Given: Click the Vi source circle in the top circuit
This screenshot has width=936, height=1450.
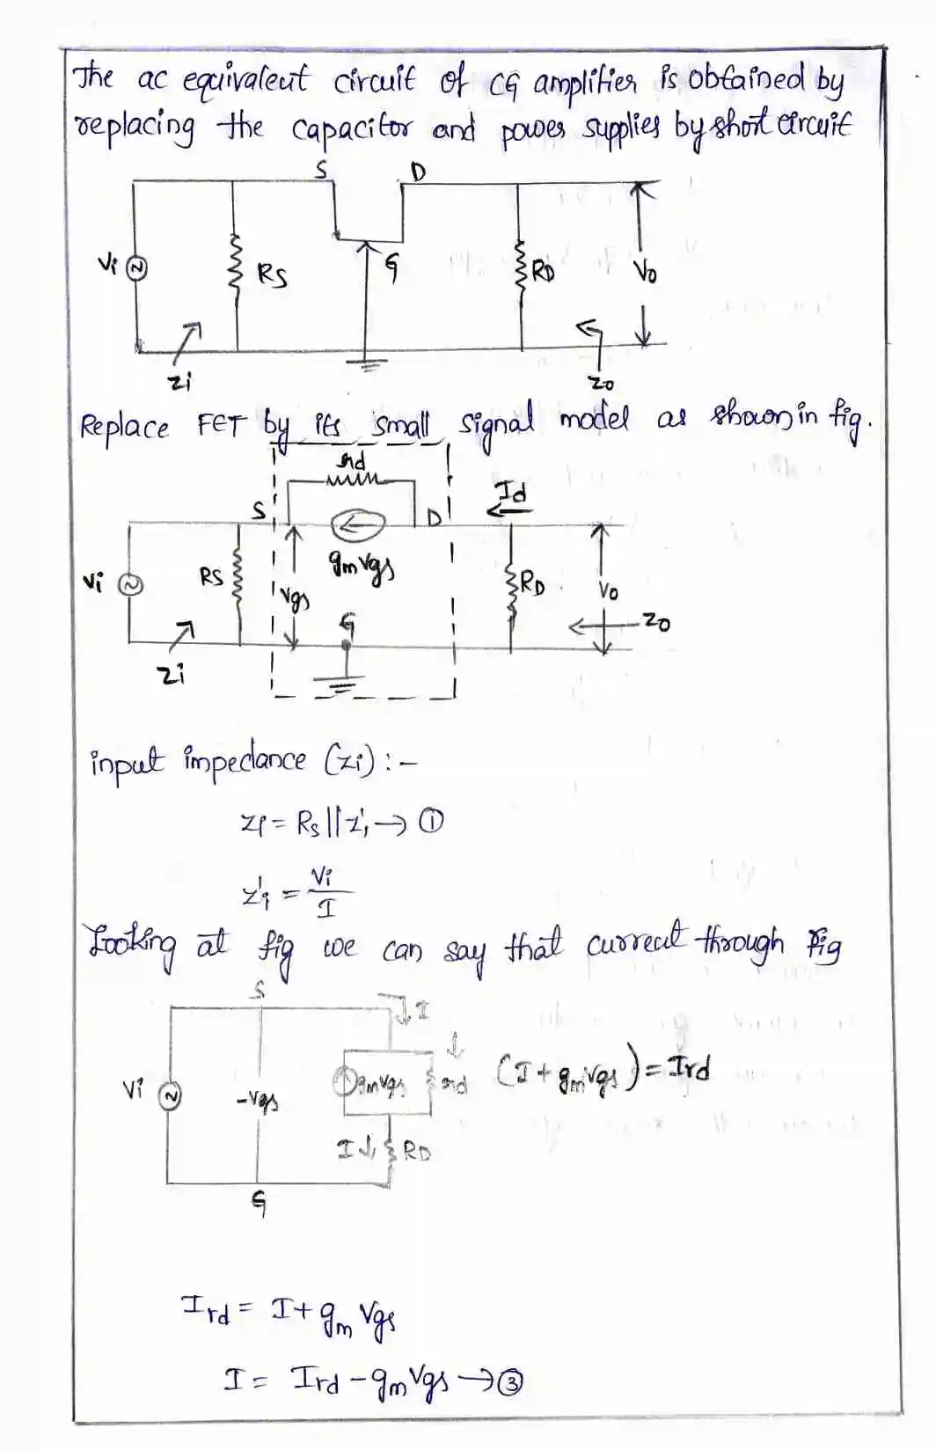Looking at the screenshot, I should (135, 268).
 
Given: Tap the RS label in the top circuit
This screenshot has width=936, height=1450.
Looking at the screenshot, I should (272, 276).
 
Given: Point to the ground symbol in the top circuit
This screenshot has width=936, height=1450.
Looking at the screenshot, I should (366, 364).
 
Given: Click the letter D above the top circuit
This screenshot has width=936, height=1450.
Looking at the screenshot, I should (417, 172).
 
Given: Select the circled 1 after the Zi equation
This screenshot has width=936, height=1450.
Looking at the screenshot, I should (430, 822).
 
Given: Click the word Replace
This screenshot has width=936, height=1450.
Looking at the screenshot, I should (124, 428).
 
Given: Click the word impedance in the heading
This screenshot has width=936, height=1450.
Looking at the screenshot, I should (245, 758).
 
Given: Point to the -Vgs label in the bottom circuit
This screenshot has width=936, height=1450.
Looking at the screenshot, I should (258, 1100).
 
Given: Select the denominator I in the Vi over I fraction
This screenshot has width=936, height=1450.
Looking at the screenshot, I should (325, 908).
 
